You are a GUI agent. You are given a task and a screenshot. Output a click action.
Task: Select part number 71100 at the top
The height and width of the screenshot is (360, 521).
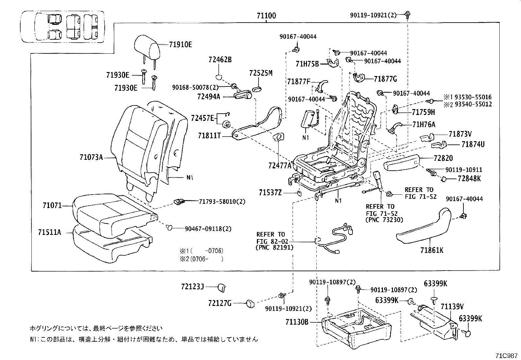266,16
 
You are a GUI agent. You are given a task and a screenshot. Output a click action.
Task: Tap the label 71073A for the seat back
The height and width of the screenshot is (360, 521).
91,158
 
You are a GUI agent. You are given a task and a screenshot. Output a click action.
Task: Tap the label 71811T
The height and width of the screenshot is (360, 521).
209,135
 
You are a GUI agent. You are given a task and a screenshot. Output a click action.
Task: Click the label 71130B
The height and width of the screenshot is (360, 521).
297,322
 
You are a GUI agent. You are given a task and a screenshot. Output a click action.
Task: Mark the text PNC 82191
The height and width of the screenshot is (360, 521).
274,248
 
